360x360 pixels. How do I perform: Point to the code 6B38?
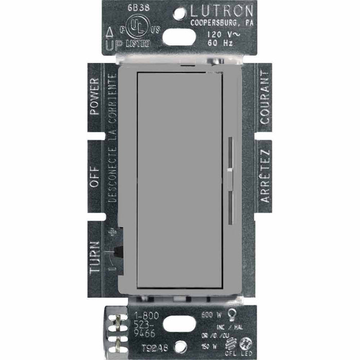[x=119, y=9]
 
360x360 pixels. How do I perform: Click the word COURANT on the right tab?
[x=265, y=90]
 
